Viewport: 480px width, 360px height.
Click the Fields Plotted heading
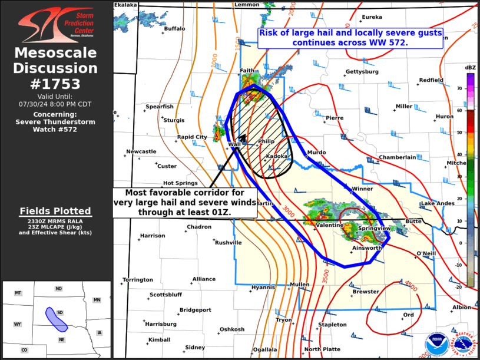pyautogui.click(x=56, y=211)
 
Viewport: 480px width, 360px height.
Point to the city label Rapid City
pyautogui.click(x=193, y=137)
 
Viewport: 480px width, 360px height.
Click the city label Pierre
pyautogui.click(x=335, y=118)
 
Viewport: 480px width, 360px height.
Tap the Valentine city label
pyautogui.click(x=329, y=225)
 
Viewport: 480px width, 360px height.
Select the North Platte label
pyautogui.click(x=322, y=349)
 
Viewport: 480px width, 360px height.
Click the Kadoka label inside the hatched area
pyautogui.click(x=277, y=156)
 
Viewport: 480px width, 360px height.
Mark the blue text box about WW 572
pyautogui.click(x=350, y=38)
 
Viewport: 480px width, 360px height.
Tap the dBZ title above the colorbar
pyautogui.click(x=470, y=68)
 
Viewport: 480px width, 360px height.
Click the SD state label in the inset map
pyautogui.click(x=59, y=312)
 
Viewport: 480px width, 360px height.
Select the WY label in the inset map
pyautogui.click(x=18, y=324)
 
